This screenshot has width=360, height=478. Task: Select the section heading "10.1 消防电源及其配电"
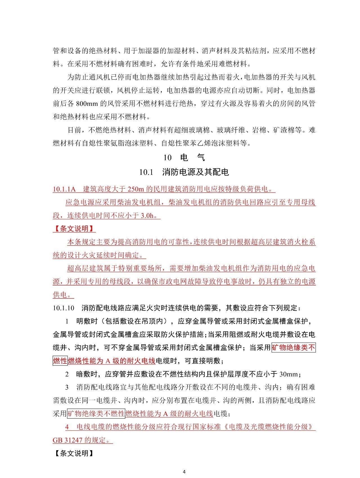click(184, 172)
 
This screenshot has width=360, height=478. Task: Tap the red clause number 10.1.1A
click(64, 189)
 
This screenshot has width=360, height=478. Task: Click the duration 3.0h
click(147, 216)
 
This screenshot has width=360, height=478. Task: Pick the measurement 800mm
click(86, 104)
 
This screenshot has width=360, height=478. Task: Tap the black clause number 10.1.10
click(63, 308)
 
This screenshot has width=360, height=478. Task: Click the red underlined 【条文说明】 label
click(74, 229)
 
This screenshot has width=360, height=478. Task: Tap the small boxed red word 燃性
click(60, 361)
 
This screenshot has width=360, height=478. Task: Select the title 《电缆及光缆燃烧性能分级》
click(268, 427)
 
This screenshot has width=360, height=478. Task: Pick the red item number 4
click(67, 427)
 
